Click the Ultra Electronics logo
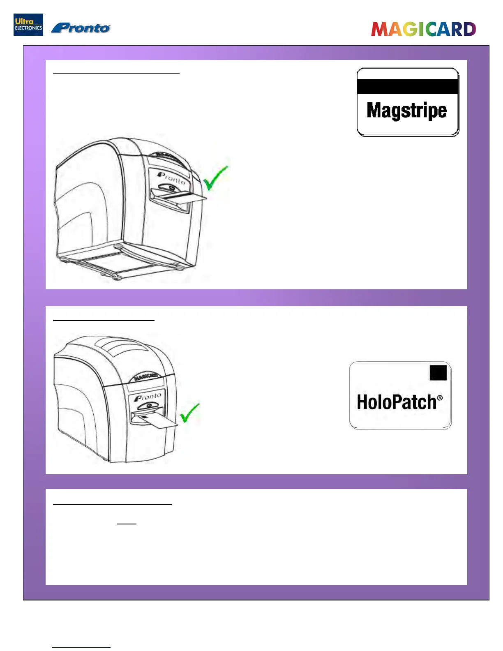click(x=28, y=25)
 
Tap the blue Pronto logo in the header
click(x=81, y=28)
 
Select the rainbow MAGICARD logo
click(x=423, y=29)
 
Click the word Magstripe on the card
click(x=406, y=110)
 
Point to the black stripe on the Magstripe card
click(x=407, y=86)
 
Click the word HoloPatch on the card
click(x=396, y=402)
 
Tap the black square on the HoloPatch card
click(x=438, y=372)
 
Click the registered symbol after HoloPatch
click(x=440, y=397)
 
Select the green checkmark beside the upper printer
click(x=215, y=178)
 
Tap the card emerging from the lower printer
click(x=158, y=421)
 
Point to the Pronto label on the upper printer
click(x=172, y=178)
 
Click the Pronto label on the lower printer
click(x=148, y=397)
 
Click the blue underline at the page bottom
click(x=81, y=647)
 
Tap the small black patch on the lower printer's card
click(x=144, y=417)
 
